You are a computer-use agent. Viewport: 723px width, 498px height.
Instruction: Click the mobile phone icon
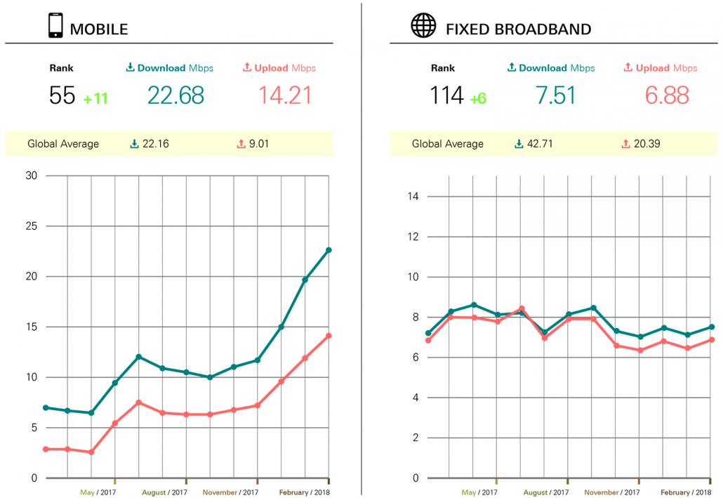[x=54, y=27]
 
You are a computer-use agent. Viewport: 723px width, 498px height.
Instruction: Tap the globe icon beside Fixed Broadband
[x=423, y=27]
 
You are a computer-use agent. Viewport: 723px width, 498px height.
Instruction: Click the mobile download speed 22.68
[x=175, y=96]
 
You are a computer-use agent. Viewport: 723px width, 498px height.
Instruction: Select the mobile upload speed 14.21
[x=285, y=96]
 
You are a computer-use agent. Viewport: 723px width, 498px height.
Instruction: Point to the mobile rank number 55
[x=62, y=96]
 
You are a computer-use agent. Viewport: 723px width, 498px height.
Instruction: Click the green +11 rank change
[x=95, y=98]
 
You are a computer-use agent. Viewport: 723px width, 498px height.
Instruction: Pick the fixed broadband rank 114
[x=446, y=96]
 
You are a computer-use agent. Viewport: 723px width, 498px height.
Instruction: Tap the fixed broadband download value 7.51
[x=556, y=96]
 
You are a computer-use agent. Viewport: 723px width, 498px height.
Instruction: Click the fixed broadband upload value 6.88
[x=666, y=96]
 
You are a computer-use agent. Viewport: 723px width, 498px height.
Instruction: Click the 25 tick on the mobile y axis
[x=31, y=226]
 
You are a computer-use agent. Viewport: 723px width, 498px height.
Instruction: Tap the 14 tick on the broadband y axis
[x=413, y=196]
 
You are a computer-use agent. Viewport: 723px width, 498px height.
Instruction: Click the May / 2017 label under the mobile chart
[x=98, y=492]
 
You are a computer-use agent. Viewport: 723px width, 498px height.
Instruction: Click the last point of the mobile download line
[x=329, y=250]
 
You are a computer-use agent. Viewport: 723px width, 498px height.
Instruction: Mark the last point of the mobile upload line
[x=329, y=336]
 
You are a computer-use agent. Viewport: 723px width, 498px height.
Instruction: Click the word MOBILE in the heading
[x=98, y=29]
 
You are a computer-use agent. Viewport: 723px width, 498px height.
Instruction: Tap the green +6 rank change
[x=478, y=98]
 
